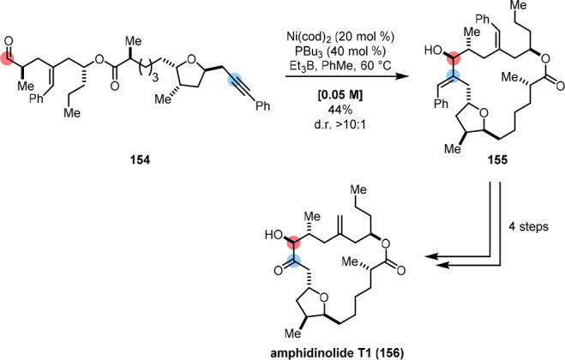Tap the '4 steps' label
click(x=531, y=226)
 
